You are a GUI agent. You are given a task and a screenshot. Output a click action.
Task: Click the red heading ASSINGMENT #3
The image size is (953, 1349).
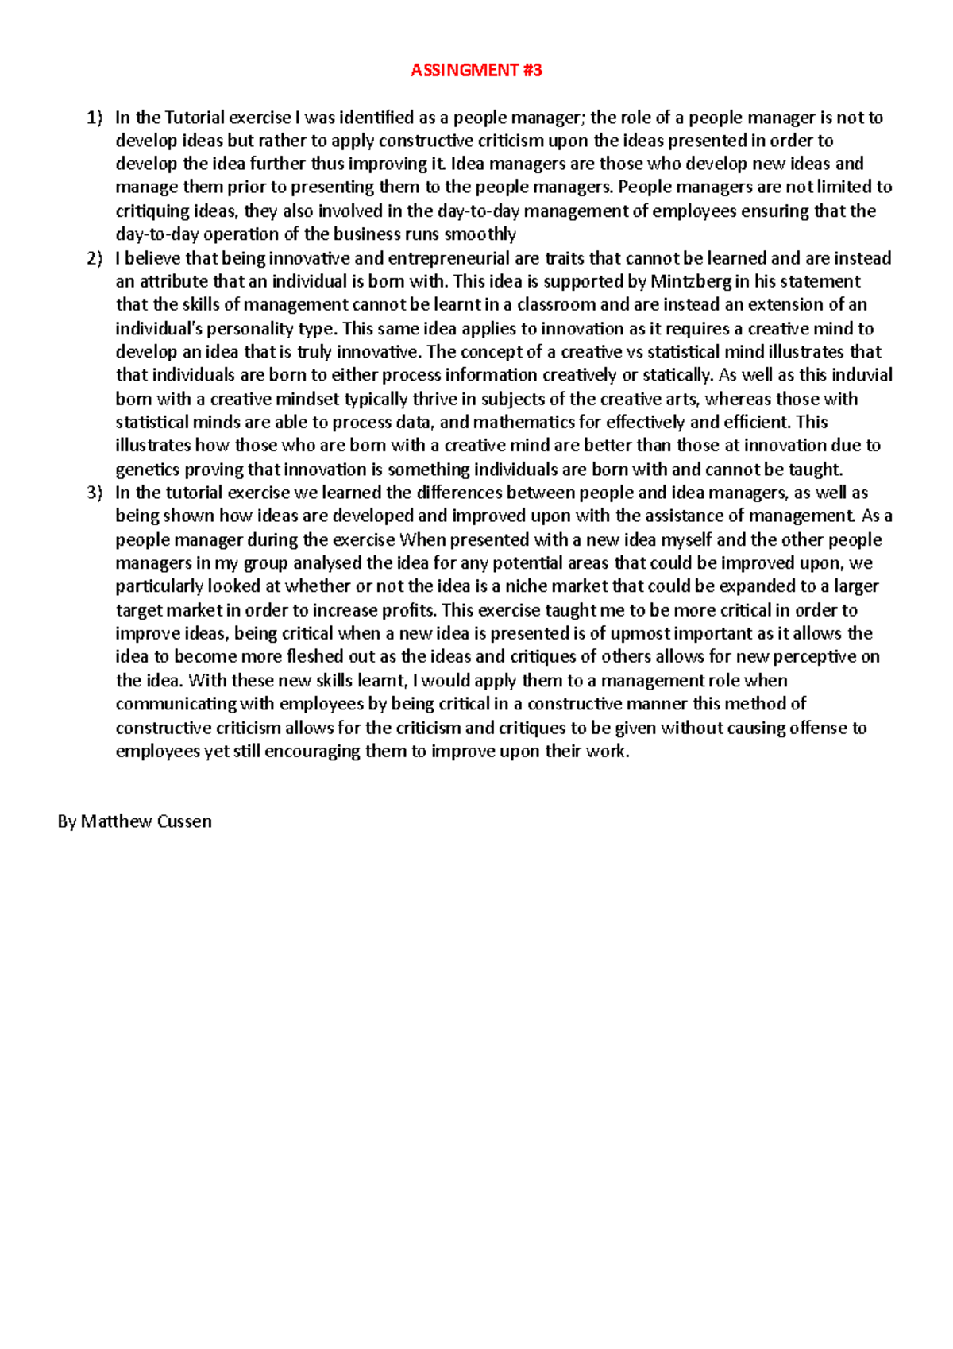[x=476, y=70]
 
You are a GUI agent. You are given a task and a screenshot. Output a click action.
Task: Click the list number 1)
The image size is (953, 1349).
[x=95, y=118]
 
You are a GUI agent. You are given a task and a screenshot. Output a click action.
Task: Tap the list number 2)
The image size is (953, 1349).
[x=95, y=258]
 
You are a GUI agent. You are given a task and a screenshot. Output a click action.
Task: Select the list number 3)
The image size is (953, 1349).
[x=95, y=493]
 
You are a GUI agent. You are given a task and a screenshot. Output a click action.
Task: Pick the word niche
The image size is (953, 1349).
[x=525, y=586]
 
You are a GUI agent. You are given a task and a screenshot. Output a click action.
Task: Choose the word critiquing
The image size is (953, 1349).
[x=152, y=211]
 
